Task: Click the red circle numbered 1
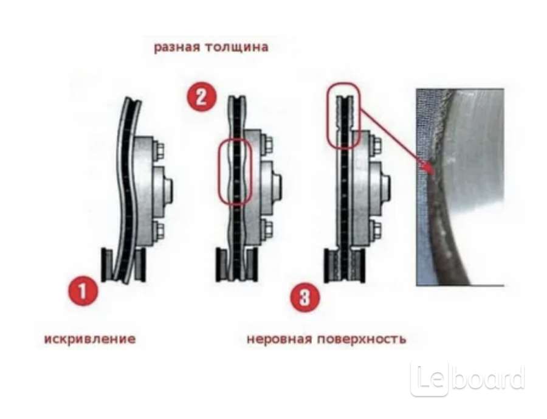83,291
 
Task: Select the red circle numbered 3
305,298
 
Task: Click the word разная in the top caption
176,47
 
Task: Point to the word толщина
236,47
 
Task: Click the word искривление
90,339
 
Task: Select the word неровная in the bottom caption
279,339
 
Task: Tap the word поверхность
362,339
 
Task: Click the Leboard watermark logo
468,378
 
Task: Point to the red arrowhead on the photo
428,168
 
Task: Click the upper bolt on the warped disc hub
159,151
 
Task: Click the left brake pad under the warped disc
107,265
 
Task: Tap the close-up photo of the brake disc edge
460,187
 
